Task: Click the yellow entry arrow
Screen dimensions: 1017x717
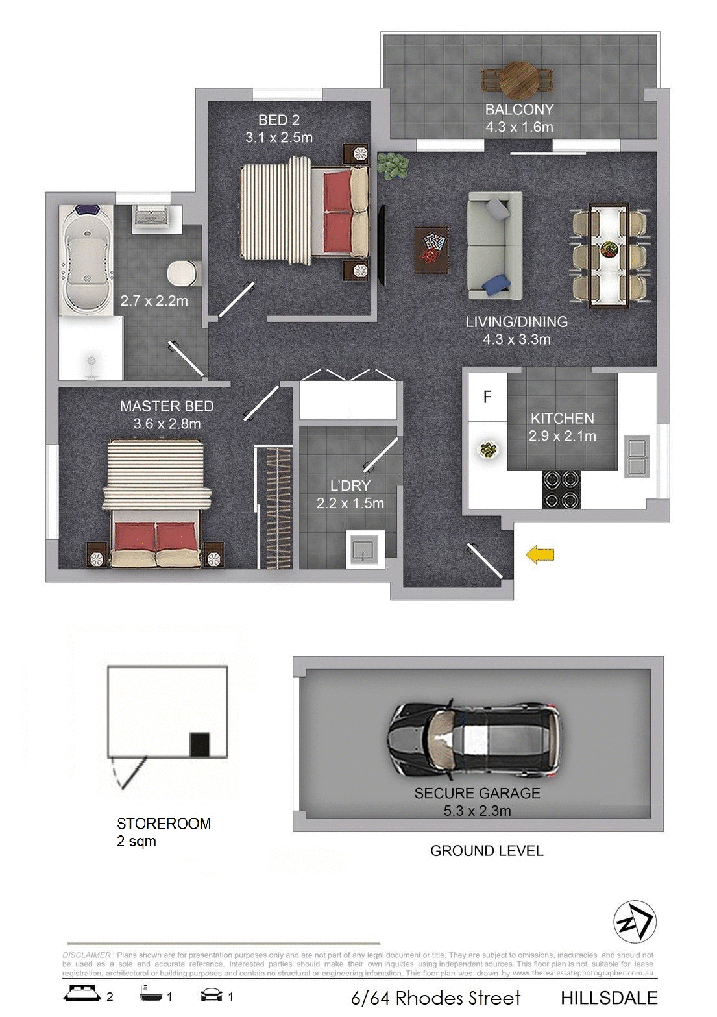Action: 540,554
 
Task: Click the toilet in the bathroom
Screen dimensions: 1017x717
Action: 183,273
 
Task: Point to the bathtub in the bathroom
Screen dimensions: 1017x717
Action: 86,262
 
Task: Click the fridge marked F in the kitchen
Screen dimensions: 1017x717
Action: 487,396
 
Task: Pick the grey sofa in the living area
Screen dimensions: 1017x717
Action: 494,246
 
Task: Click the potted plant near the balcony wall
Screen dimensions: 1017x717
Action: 391,165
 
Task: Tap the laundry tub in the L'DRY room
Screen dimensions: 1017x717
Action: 365,550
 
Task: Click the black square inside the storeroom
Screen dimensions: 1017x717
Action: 200,744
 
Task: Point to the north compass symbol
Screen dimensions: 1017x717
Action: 635,922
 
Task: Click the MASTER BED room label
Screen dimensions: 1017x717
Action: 167,406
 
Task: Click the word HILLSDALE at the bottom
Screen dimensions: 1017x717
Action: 609,998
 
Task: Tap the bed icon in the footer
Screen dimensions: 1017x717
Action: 83,996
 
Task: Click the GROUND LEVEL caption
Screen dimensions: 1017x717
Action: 487,850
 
